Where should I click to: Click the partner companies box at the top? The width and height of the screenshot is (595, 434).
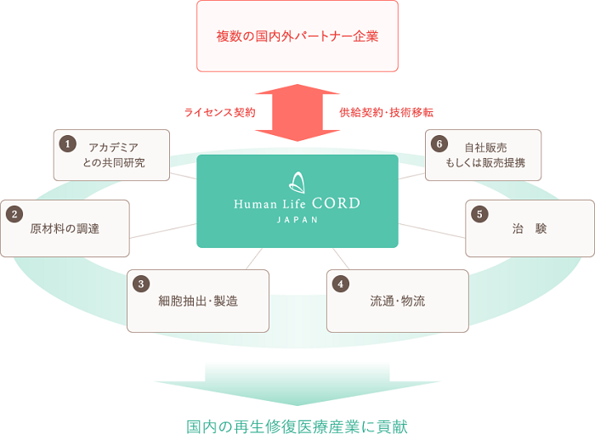coord(297,37)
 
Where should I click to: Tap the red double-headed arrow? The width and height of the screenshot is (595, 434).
coord(297,112)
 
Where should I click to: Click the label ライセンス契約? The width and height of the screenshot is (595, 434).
coord(219,112)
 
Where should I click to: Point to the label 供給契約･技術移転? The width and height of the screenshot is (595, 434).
coord(387,112)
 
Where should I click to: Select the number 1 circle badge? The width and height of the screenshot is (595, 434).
coord(68,144)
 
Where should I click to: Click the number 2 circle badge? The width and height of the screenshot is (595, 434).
coord(14,214)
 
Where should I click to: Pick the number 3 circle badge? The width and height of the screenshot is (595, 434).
coord(141,284)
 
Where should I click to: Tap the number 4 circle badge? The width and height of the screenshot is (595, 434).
coord(341,284)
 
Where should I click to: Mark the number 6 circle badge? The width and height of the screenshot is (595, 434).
coord(439,144)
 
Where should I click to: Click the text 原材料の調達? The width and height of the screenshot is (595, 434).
coord(65,228)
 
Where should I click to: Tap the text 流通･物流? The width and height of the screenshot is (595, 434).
coord(397,301)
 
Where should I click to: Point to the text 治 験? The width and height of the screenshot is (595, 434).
coord(529,228)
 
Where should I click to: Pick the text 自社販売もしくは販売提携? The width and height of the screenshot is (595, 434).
coord(485,155)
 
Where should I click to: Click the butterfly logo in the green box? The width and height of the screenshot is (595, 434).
coord(297,181)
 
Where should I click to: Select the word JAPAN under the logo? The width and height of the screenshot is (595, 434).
coord(297,219)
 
